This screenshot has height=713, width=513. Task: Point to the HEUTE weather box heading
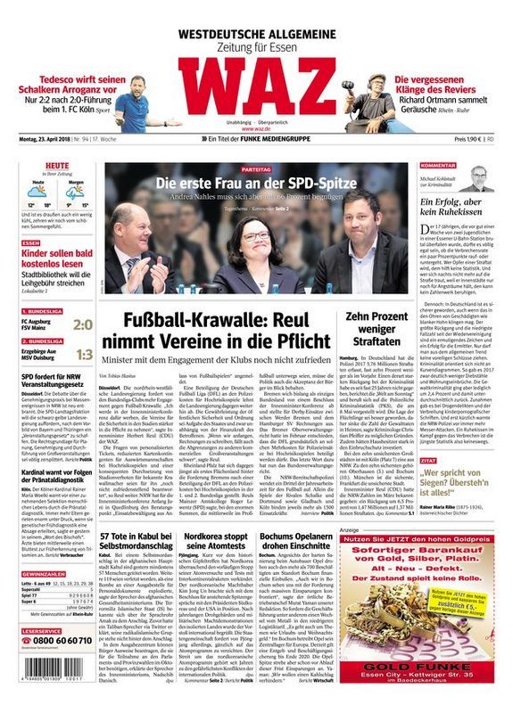pyautogui.click(x=33, y=167)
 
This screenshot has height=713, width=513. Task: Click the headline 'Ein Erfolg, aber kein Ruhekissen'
pyautogui.click(x=451, y=209)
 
